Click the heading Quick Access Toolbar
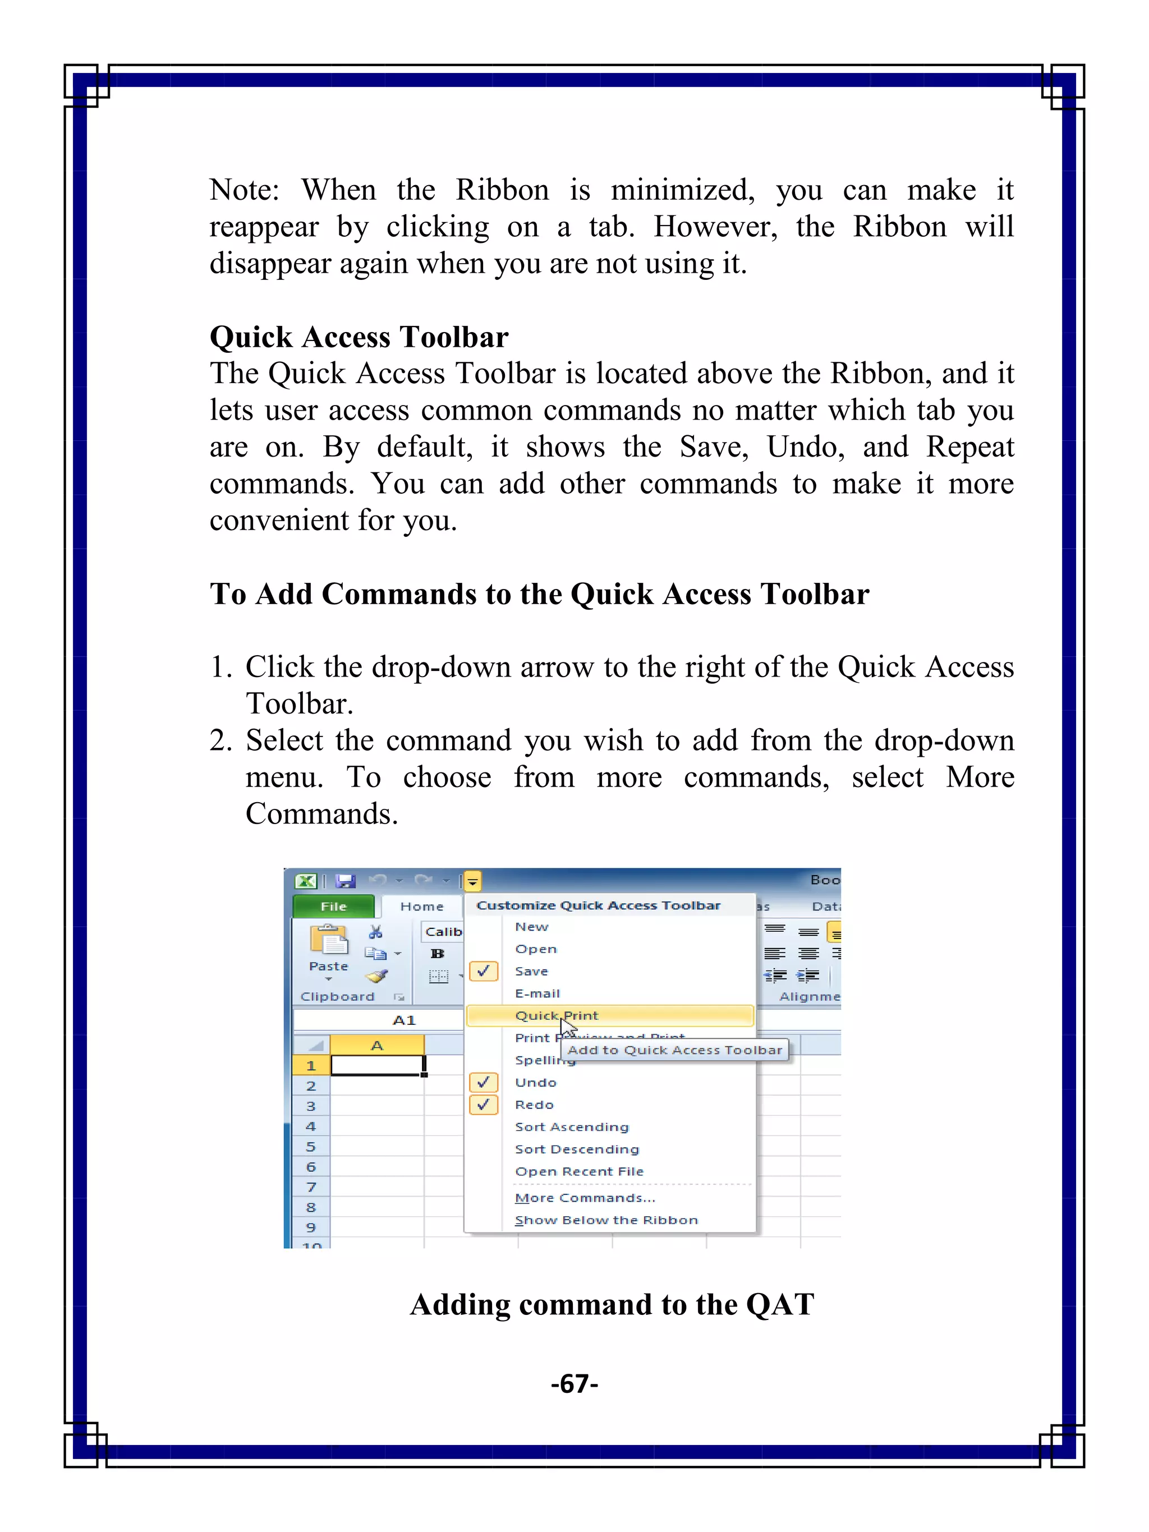pyautogui.click(x=359, y=337)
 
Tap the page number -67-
pyautogui.click(x=574, y=1384)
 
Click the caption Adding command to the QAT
pyautogui.click(x=612, y=1305)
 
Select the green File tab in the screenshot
pyautogui.click(x=333, y=907)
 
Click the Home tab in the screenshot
pyautogui.click(x=421, y=907)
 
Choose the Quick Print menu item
pyautogui.click(x=556, y=1015)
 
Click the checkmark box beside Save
pyautogui.click(x=484, y=971)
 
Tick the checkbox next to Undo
pyautogui.click(x=484, y=1082)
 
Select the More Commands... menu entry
pyautogui.click(x=585, y=1198)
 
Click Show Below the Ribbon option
pyautogui.click(x=606, y=1220)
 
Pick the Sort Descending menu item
pyautogui.click(x=576, y=1149)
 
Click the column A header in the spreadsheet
pyautogui.click(x=377, y=1045)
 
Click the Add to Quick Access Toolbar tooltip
pyautogui.click(x=674, y=1050)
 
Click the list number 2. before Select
pyautogui.click(x=221, y=741)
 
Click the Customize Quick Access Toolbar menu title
pyautogui.click(x=599, y=905)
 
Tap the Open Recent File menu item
pyautogui.click(x=579, y=1172)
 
